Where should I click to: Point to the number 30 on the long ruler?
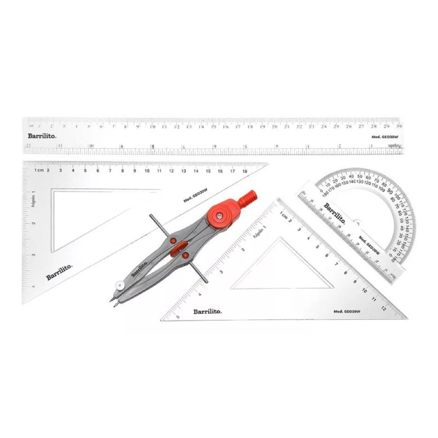pyautogui.click(x=407, y=126)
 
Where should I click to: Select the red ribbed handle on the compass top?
pyautogui.click(x=248, y=198)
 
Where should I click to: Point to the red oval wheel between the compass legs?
pyautogui.click(x=177, y=250)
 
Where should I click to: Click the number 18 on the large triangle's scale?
pyautogui.click(x=245, y=171)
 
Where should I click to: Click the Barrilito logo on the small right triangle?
pyautogui.click(x=207, y=312)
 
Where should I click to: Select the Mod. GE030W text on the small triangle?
pyautogui.click(x=345, y=311)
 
